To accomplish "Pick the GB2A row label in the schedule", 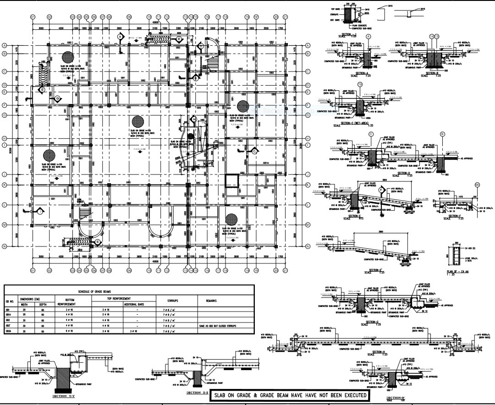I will pos(8,330).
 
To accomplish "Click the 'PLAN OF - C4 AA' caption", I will pos(458,273).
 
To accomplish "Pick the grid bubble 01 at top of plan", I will pos(33,17).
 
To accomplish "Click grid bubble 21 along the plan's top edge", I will pos(285,17).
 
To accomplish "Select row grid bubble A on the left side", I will pos(4,46).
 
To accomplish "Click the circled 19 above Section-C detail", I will pos(360,85).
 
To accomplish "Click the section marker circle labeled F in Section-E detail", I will pos(381,190).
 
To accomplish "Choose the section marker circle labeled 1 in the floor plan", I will pos(40,211).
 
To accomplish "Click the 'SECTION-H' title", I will pos(378,352).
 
